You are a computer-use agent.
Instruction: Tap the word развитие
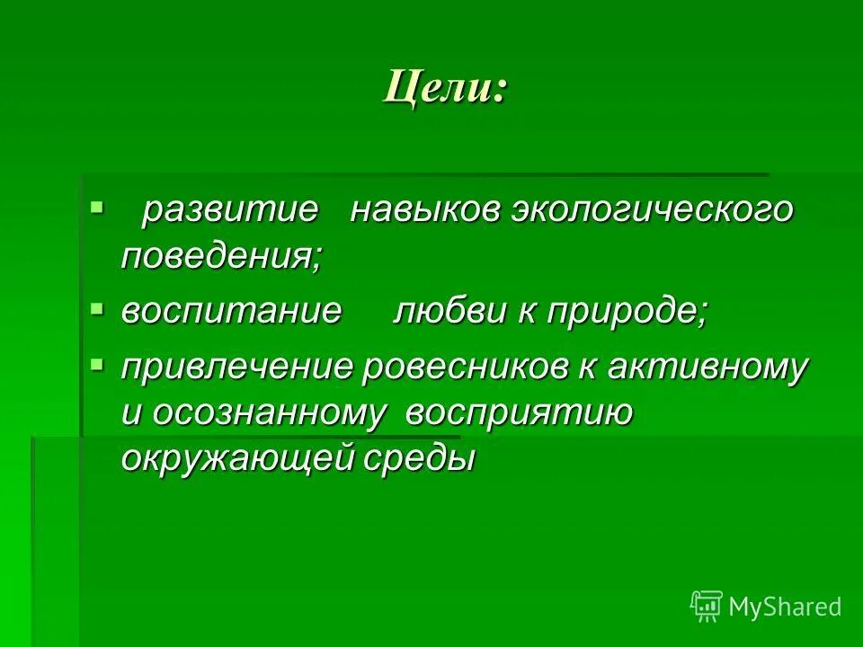230,210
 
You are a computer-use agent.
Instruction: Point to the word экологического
653,210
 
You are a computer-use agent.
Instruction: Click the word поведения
221,257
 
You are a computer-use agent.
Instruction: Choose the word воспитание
232,311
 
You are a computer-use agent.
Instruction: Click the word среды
419,460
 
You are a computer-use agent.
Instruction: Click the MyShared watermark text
786,607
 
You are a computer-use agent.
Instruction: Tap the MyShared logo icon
707,606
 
